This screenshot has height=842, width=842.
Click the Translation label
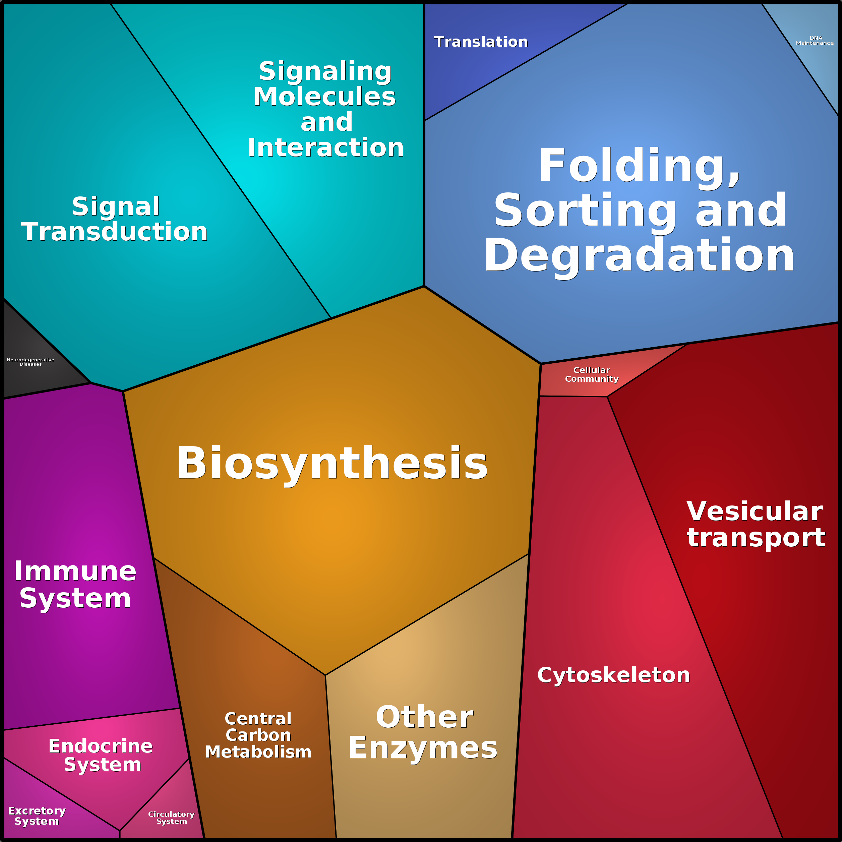pyautogui.click(x=481, y=42)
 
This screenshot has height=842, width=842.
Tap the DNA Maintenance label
pyautogui.click(x=815, y=41)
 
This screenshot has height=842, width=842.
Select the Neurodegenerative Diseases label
pyautogui.click(x=31, y=362)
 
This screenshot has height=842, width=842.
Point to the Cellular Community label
pyautogui.click(x=591, y=374)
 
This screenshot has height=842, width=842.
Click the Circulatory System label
pyautogui.click(x=171, y=818)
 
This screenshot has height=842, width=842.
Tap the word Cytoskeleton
pyautogui.click(x=613, y=675)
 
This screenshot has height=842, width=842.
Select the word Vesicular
pyautogui.click(x=755, y=511)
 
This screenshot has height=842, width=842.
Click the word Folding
pyautogui.click(x=639, y=166)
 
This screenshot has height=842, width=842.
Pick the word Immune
pyautogui.click(x=75, y=572)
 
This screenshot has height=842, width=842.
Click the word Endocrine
pyautogui.click(x=101, y=746)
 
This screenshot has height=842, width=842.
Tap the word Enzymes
pyautogui.click(x=422, y=748)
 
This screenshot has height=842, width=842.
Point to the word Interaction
pyautogui.click(x=325, y=148)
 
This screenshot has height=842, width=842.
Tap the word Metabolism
pyautogui.click(x=258, y=752)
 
